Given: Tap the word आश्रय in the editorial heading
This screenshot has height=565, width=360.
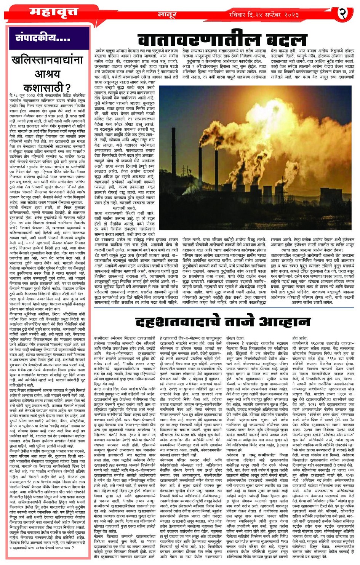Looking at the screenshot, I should (47, 74).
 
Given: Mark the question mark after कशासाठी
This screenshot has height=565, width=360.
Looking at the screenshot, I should (67, 87).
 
